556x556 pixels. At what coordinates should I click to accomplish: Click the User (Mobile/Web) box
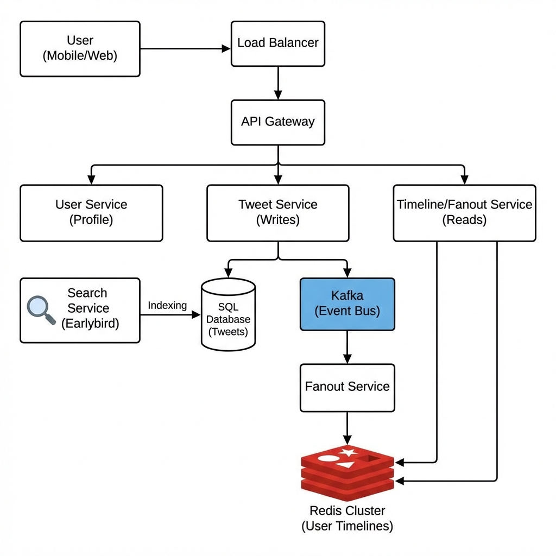(x=80, y=49)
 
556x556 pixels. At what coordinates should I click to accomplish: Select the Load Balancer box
(x=278, y=43)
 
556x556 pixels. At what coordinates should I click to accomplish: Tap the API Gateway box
(x=278, y=122)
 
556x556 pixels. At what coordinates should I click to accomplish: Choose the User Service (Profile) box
(x=91, y=213)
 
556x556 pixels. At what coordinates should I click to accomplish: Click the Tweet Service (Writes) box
(x=278, y=213)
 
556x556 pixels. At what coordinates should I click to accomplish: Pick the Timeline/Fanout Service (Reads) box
(x=464, y=213)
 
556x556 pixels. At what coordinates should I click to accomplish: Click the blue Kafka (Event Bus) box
(x=347, y=304)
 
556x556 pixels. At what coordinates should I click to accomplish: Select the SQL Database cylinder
(x=228, y=315)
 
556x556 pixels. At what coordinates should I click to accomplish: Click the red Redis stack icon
(x=347, y=471)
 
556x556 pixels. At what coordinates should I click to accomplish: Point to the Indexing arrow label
(x=167, y=306)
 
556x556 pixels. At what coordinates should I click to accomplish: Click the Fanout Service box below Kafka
(x=347, y=387)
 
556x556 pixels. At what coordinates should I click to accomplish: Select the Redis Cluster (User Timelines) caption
(x=347, y=519)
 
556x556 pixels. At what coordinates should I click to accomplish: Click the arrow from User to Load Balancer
(x=185, y=49)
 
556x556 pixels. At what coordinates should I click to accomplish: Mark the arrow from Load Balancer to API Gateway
(x=278, y=83)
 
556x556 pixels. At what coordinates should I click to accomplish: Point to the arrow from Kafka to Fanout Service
(x=347, y=347)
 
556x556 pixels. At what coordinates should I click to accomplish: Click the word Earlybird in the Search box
(x=90, y=324)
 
